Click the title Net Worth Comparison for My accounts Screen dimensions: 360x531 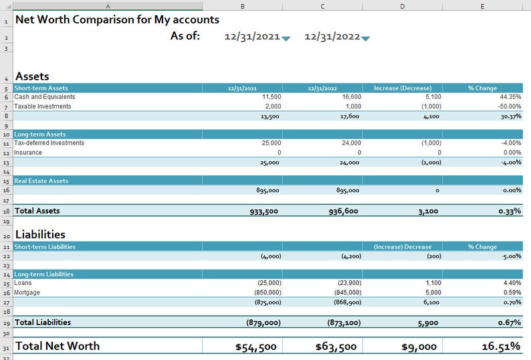pyautogui.click(x=117, y=19)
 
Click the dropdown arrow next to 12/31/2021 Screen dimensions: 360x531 pyautogui.click(x=286, y=39)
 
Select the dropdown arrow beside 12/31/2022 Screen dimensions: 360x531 pyautogui.click(x=365, y=39)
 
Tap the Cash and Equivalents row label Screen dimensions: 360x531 pyautogui.click(x=45, y=97)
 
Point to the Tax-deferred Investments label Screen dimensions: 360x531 pyautogui.click(x=49, y=143)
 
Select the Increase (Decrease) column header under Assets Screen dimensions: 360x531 pyautogui.click(x=403, y=88)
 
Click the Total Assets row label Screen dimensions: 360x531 pyautogui.click(x=37, y=211)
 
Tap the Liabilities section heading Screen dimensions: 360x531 pyautogui.click(x=40, y=234)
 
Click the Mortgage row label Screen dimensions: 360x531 pyautogui.click(x=27, y=292)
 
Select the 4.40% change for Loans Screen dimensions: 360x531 pyautogui.click(x=512, y=283)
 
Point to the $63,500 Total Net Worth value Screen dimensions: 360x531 pyautogui.click(x=337, y=346)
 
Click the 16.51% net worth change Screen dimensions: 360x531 pyautogui.click(x=500, y=346)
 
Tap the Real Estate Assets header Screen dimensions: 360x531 pyautogui.click(x=41, y=181)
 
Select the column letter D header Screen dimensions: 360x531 pyautogui.click(x=402, y=5)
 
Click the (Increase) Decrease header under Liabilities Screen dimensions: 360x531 pyautogui.click(x=403, y=247)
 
